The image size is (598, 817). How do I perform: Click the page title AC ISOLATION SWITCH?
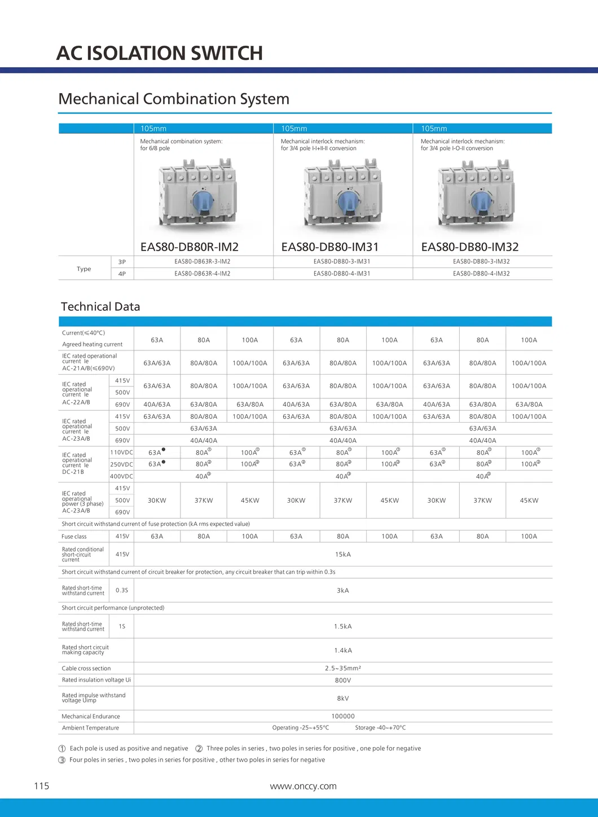coord(160,53)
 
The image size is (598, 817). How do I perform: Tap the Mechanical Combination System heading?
coord(174,99)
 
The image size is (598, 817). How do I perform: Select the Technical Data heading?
coord(100,307)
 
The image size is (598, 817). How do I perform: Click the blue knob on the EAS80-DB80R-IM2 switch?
coord(203,201)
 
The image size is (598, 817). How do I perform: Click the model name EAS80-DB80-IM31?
coord(330,247)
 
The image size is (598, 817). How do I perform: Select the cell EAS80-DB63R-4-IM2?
coord(203,274)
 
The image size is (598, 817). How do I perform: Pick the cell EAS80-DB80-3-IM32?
coord(481,262)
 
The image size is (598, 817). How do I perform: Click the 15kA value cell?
coord(343,555)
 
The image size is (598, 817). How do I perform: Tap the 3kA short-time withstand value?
coord(343,591)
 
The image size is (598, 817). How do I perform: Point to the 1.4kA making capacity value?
coord(343,651)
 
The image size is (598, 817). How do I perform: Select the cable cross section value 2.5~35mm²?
coord(343,669)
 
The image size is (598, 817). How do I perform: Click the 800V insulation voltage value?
coord(343,680)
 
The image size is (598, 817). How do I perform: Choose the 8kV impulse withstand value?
coord(343,699)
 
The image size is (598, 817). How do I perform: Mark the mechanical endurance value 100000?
coord(343,717)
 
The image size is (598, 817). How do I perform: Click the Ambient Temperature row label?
coord(90,728)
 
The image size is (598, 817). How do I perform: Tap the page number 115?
coord(42,787)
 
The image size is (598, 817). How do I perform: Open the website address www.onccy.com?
coord(304,787)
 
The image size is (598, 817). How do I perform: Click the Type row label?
coord(84,269)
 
